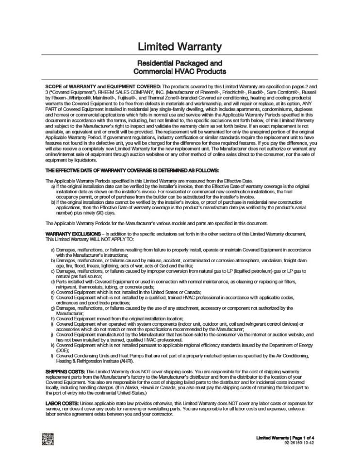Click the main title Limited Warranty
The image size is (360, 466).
click(x=180, y=47)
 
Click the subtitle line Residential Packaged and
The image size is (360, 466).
click(x=180, y=63)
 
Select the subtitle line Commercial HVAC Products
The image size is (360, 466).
click(x=180, y=72)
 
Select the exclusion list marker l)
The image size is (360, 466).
click(x=52, y=356)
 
